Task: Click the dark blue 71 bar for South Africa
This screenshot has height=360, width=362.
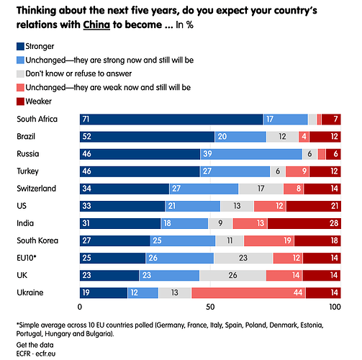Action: point(171,120)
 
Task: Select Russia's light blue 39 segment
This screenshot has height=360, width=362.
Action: point(251,154)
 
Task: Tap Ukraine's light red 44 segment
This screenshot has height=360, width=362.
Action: point(248,293)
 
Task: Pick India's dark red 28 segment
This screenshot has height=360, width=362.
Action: point(304,223)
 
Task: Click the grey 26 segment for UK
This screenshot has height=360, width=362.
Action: point(232,276)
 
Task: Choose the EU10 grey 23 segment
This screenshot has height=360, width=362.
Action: point(243,258)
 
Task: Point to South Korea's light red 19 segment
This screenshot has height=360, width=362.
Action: point(269,240)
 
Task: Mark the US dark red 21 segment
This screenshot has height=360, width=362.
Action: point(314,206)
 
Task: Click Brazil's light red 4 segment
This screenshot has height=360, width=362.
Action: point(304,137)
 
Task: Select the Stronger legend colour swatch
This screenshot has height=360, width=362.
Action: point(20,47)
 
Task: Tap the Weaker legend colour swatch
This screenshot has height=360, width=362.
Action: point(20,102)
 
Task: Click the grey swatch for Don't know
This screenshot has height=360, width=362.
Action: point(20,74)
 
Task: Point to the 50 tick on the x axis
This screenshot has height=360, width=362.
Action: point(210,307)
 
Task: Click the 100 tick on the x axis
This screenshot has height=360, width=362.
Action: point(335,307)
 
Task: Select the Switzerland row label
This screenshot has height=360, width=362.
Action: point(36,189)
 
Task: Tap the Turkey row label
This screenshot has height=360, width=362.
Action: point(27,171)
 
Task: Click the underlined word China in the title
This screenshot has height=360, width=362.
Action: point(96,24)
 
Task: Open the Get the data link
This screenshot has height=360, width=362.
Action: point(35,345)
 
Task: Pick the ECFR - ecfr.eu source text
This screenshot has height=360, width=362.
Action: point(36,354)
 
